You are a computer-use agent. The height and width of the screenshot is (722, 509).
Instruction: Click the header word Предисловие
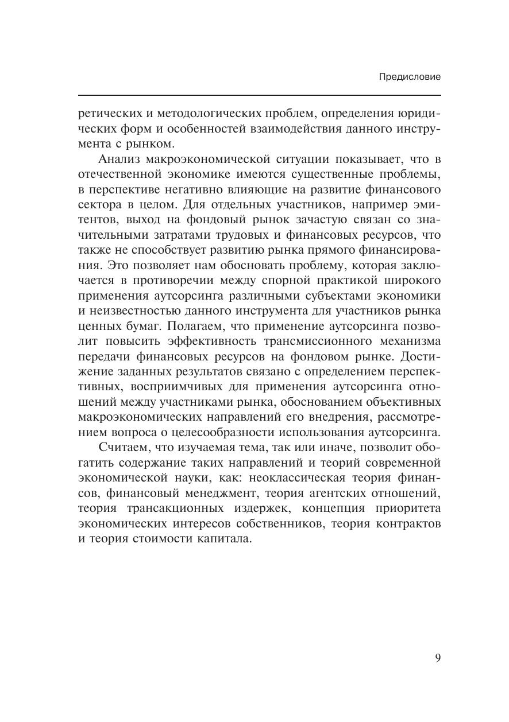click(410, 76)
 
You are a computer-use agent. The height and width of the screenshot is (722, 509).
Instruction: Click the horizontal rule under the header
click(259, 95)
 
